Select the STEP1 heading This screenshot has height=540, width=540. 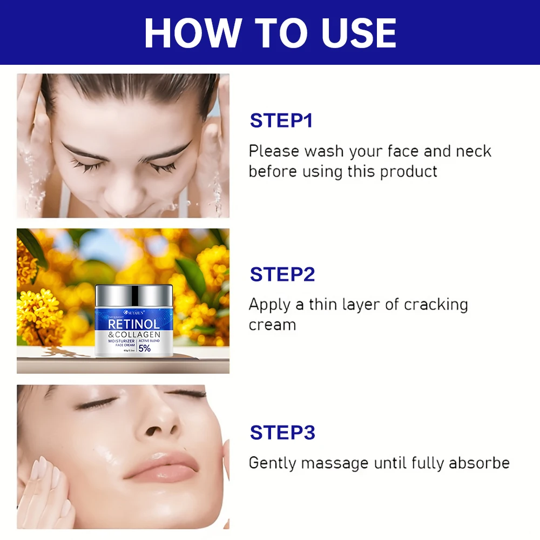(281, 120)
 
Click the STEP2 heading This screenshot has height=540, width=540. (282, 274)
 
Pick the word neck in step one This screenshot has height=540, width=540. (474, 151)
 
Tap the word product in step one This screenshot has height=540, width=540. (408, 172)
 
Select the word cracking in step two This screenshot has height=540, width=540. (434, 305)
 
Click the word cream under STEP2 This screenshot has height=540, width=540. (272, 325)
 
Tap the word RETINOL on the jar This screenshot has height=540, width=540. (133, 325)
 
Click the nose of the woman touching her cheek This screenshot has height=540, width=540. (157, 421)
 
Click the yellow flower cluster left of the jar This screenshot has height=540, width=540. (40, 313)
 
